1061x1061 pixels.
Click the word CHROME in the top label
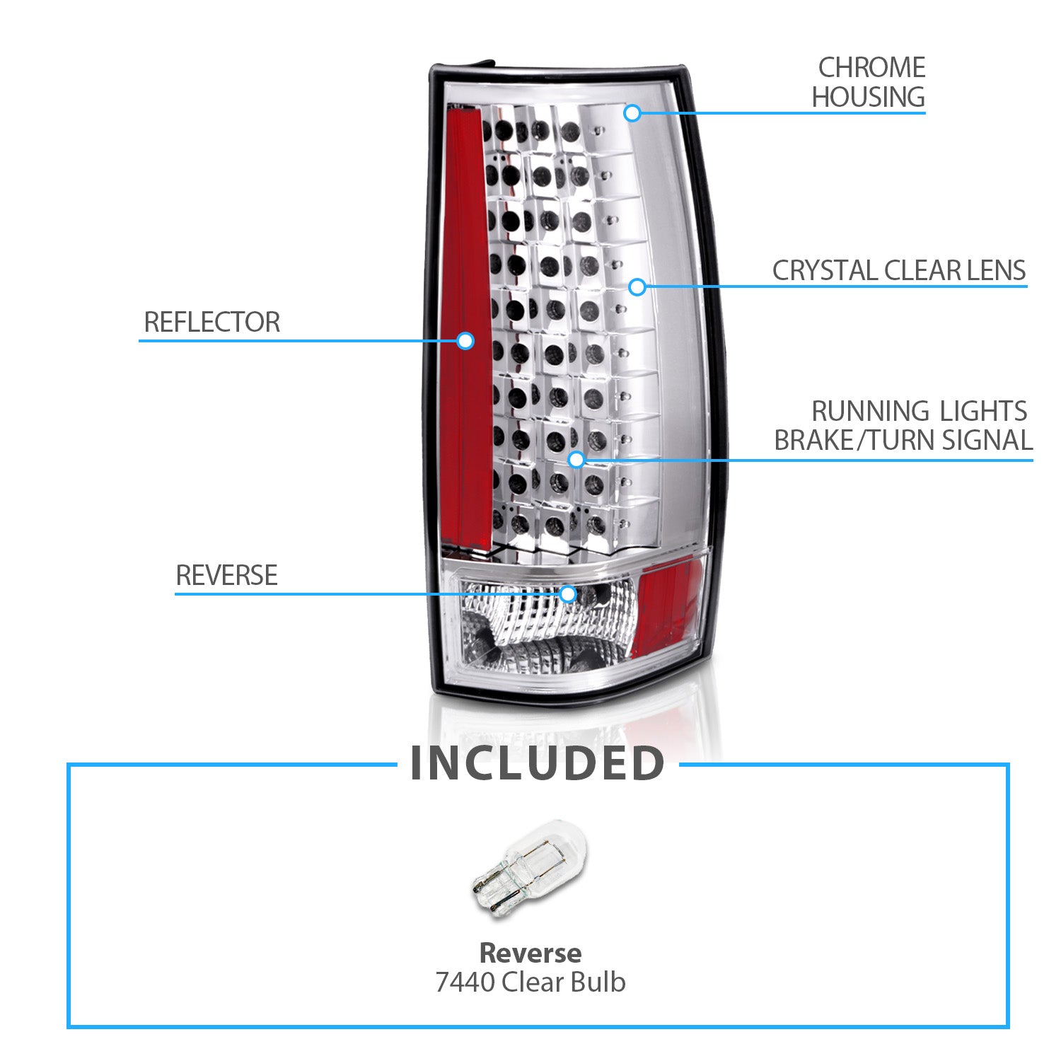[871, 68]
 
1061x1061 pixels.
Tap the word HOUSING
[868, 97]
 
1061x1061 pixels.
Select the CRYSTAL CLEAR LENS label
[898, 270]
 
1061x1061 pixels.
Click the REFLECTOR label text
[211, 323]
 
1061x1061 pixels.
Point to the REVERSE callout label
[226, 575]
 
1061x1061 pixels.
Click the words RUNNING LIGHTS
[918, 411]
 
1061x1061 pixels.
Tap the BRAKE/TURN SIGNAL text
[903, 440]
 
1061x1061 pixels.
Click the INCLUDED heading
[538, 764]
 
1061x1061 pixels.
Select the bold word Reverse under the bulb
[530, 953]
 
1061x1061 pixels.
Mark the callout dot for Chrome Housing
[632, 112]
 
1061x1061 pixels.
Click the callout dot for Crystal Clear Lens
[637, 286]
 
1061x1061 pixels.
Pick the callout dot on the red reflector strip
[465, 341]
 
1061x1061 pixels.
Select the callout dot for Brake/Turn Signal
[576, 459]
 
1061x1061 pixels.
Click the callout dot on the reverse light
[567, 593]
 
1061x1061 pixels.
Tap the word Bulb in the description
[600, 982]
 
